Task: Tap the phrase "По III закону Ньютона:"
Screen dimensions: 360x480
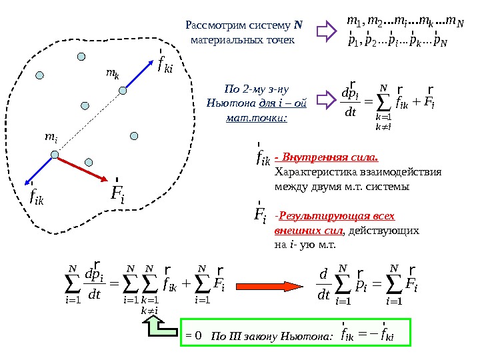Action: (271, 336)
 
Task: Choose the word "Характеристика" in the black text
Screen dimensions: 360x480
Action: (308, 173)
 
